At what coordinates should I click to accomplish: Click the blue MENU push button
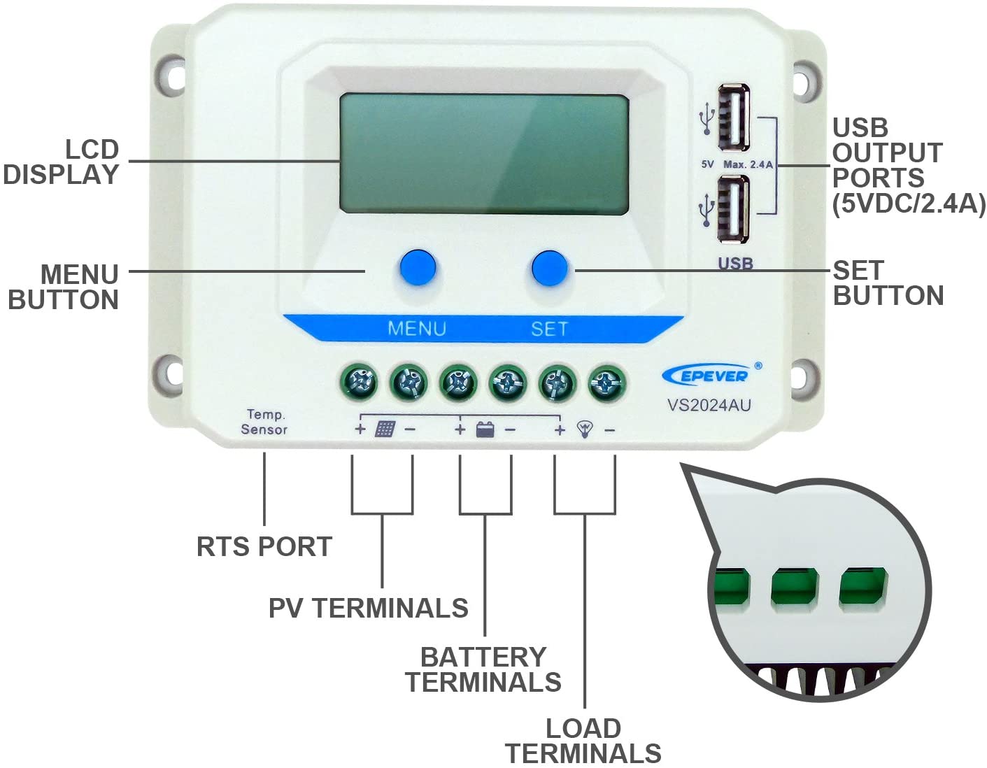pyautogui.click(x=418, y=266)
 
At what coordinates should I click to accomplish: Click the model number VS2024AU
pyautogui.click(x=709, y=405)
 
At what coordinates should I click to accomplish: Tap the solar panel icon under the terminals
pyautogui.click(x=385, y=429)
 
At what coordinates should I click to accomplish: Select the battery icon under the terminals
pyautogui.click(x=485, y=429)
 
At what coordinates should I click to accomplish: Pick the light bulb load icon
pyautogui.click(x=585, y=429)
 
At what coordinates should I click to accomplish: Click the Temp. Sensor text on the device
pyautogui.click(x=264, y=422)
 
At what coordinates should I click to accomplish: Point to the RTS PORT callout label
pyautogui.click(x=264, y=546)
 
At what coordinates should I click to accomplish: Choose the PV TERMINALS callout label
pyautogui.click(x=369, y=608)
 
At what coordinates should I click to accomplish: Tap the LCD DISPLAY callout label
pyautogui.click(x=62, y=162)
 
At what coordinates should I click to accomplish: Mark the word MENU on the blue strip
pyautogui.click(x=417, y=328)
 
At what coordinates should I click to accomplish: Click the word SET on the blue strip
pyautogui.click(x=549, y=329)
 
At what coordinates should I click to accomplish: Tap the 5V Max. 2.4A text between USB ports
pyautogui.click(x=737, y=164)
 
